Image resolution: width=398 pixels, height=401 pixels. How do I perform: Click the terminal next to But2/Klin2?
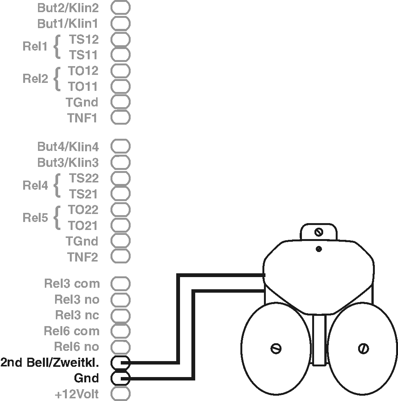tap(120, 8)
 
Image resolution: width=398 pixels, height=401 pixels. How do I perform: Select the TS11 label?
tap(83, 55)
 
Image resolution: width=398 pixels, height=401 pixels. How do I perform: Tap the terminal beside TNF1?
tap(120, 117)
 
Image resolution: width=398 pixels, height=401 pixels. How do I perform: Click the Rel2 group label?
tap(35, 79)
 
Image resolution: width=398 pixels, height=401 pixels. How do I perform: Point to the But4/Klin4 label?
tap(68, 146)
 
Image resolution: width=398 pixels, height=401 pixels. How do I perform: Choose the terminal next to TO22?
tap(120, 210)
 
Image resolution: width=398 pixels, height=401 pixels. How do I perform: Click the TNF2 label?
tap(83, 257)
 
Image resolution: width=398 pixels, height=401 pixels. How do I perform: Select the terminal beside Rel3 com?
tap(120, 284)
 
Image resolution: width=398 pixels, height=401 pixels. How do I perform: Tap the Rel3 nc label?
tap(77, 315)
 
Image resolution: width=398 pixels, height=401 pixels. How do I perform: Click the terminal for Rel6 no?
tap(120, 347)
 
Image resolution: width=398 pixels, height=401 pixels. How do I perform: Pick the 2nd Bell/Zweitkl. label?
tap(50, 363)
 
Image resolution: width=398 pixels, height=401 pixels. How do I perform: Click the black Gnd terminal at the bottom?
tap(120, 378)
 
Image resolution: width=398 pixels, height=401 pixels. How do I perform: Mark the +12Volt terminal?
tap(120, 394)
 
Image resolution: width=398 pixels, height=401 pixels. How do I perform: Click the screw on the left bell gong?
tap(275, 348)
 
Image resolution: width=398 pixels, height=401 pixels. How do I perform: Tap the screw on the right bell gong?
tap(363, 348)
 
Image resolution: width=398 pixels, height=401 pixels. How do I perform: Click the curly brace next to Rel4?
tap(57, 186)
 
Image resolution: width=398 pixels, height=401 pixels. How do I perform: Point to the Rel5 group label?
tap(35, 218)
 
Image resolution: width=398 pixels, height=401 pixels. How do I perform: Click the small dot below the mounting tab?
tap(319, 249)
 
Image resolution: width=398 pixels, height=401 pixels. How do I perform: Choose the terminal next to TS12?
tap(120, 39)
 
